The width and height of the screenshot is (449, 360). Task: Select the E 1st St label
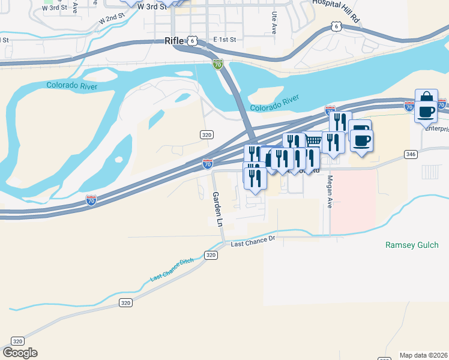coord(226,40)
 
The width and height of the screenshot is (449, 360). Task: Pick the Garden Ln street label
coord(218,209)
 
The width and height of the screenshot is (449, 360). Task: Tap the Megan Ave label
coord(330,190)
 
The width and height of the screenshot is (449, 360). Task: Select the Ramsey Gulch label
coord(412,245)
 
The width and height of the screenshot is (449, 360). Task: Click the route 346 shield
coord(411,154)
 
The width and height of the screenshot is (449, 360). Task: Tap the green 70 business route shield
coord(217,64)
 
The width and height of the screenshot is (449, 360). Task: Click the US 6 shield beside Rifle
coord(191,40)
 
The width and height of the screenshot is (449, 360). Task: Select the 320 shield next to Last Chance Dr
coord(210,255)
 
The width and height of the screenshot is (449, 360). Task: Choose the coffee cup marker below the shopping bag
coord(426,112)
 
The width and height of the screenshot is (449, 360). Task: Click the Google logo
coord(20,353)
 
